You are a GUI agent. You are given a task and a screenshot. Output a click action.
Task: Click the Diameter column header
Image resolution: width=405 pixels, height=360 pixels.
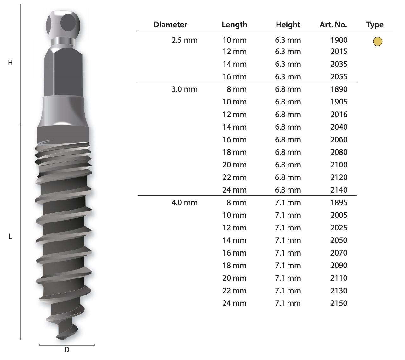pyautogui.click(x=170, y=25)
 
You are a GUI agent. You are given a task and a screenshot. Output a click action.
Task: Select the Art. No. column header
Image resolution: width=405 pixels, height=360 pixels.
pyautogui.click(x=333, y=25)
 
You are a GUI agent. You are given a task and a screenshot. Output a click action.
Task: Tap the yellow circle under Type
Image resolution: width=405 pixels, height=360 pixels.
pyautogui.click(x=377, y=41)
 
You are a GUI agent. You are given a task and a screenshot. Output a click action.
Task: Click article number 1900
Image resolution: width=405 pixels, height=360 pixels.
pyautogui.click(x=339, y=40)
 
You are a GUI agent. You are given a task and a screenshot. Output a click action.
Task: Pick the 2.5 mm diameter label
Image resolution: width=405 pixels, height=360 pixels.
pyautogui.click(x=184, y=40)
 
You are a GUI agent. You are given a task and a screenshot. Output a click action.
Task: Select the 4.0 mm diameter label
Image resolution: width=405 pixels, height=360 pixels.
pyautogui.click(x=184, y=203)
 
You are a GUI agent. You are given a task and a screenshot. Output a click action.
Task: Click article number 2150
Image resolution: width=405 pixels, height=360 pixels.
pyautogui.click(x=339, y=303)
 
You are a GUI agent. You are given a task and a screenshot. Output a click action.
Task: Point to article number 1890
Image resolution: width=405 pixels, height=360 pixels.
pyautogui.click(x=339, y=89)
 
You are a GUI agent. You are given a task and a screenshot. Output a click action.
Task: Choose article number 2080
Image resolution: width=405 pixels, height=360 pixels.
pyautogui.click(x=339, y=152)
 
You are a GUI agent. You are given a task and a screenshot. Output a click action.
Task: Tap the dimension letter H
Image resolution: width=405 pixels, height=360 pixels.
pyautogui.click(x=10, y=63)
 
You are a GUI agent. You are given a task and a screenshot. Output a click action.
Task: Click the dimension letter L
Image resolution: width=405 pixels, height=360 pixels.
pyautogui.click(x=10, y=237)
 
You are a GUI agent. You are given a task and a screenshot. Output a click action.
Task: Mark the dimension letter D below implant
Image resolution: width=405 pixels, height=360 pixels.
pyautogui.click(x=67, y=350)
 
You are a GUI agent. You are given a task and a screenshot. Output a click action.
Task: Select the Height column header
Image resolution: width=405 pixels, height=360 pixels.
pyautogui.click(x=288, y=25)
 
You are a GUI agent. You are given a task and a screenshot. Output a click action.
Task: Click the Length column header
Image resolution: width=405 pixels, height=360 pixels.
pyautogui.click(x=234, y=25)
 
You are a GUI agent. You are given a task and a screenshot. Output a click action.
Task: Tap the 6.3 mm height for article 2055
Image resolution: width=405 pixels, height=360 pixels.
pyautogui.click(x=288, y=77)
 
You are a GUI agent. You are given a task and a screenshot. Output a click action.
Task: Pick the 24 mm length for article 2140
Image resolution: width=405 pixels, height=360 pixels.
pyautogui.click(x=234, y=190)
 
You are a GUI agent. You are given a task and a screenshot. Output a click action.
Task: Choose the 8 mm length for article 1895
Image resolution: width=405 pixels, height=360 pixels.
pyautogui.click(x=236, y=203)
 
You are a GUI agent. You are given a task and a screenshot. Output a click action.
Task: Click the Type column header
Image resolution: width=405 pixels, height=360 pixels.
pyautogui.click(x=375, y=25)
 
